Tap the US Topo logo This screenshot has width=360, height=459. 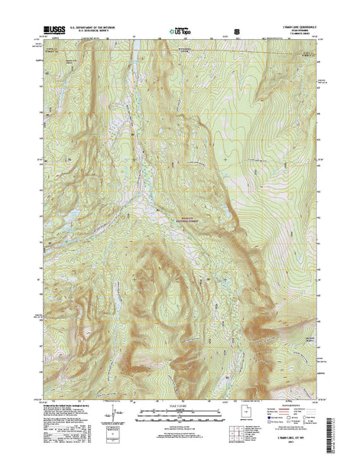[181, 28]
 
